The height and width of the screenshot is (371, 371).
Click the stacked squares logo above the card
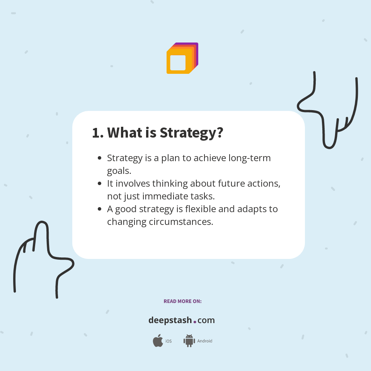182,58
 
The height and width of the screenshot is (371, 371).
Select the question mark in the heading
220,133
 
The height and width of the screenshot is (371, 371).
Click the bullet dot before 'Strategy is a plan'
100,158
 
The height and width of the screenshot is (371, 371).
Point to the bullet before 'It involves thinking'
100,184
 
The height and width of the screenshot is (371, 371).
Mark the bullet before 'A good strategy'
100,209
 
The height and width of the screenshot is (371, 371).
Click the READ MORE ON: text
182,301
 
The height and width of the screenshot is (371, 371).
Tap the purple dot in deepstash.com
195,321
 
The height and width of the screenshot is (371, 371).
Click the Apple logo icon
158,341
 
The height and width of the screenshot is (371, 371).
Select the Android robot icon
189,341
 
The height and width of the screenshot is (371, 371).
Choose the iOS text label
168,341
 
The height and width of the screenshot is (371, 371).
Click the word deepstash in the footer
170,320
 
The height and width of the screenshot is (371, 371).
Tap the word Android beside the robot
204,341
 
